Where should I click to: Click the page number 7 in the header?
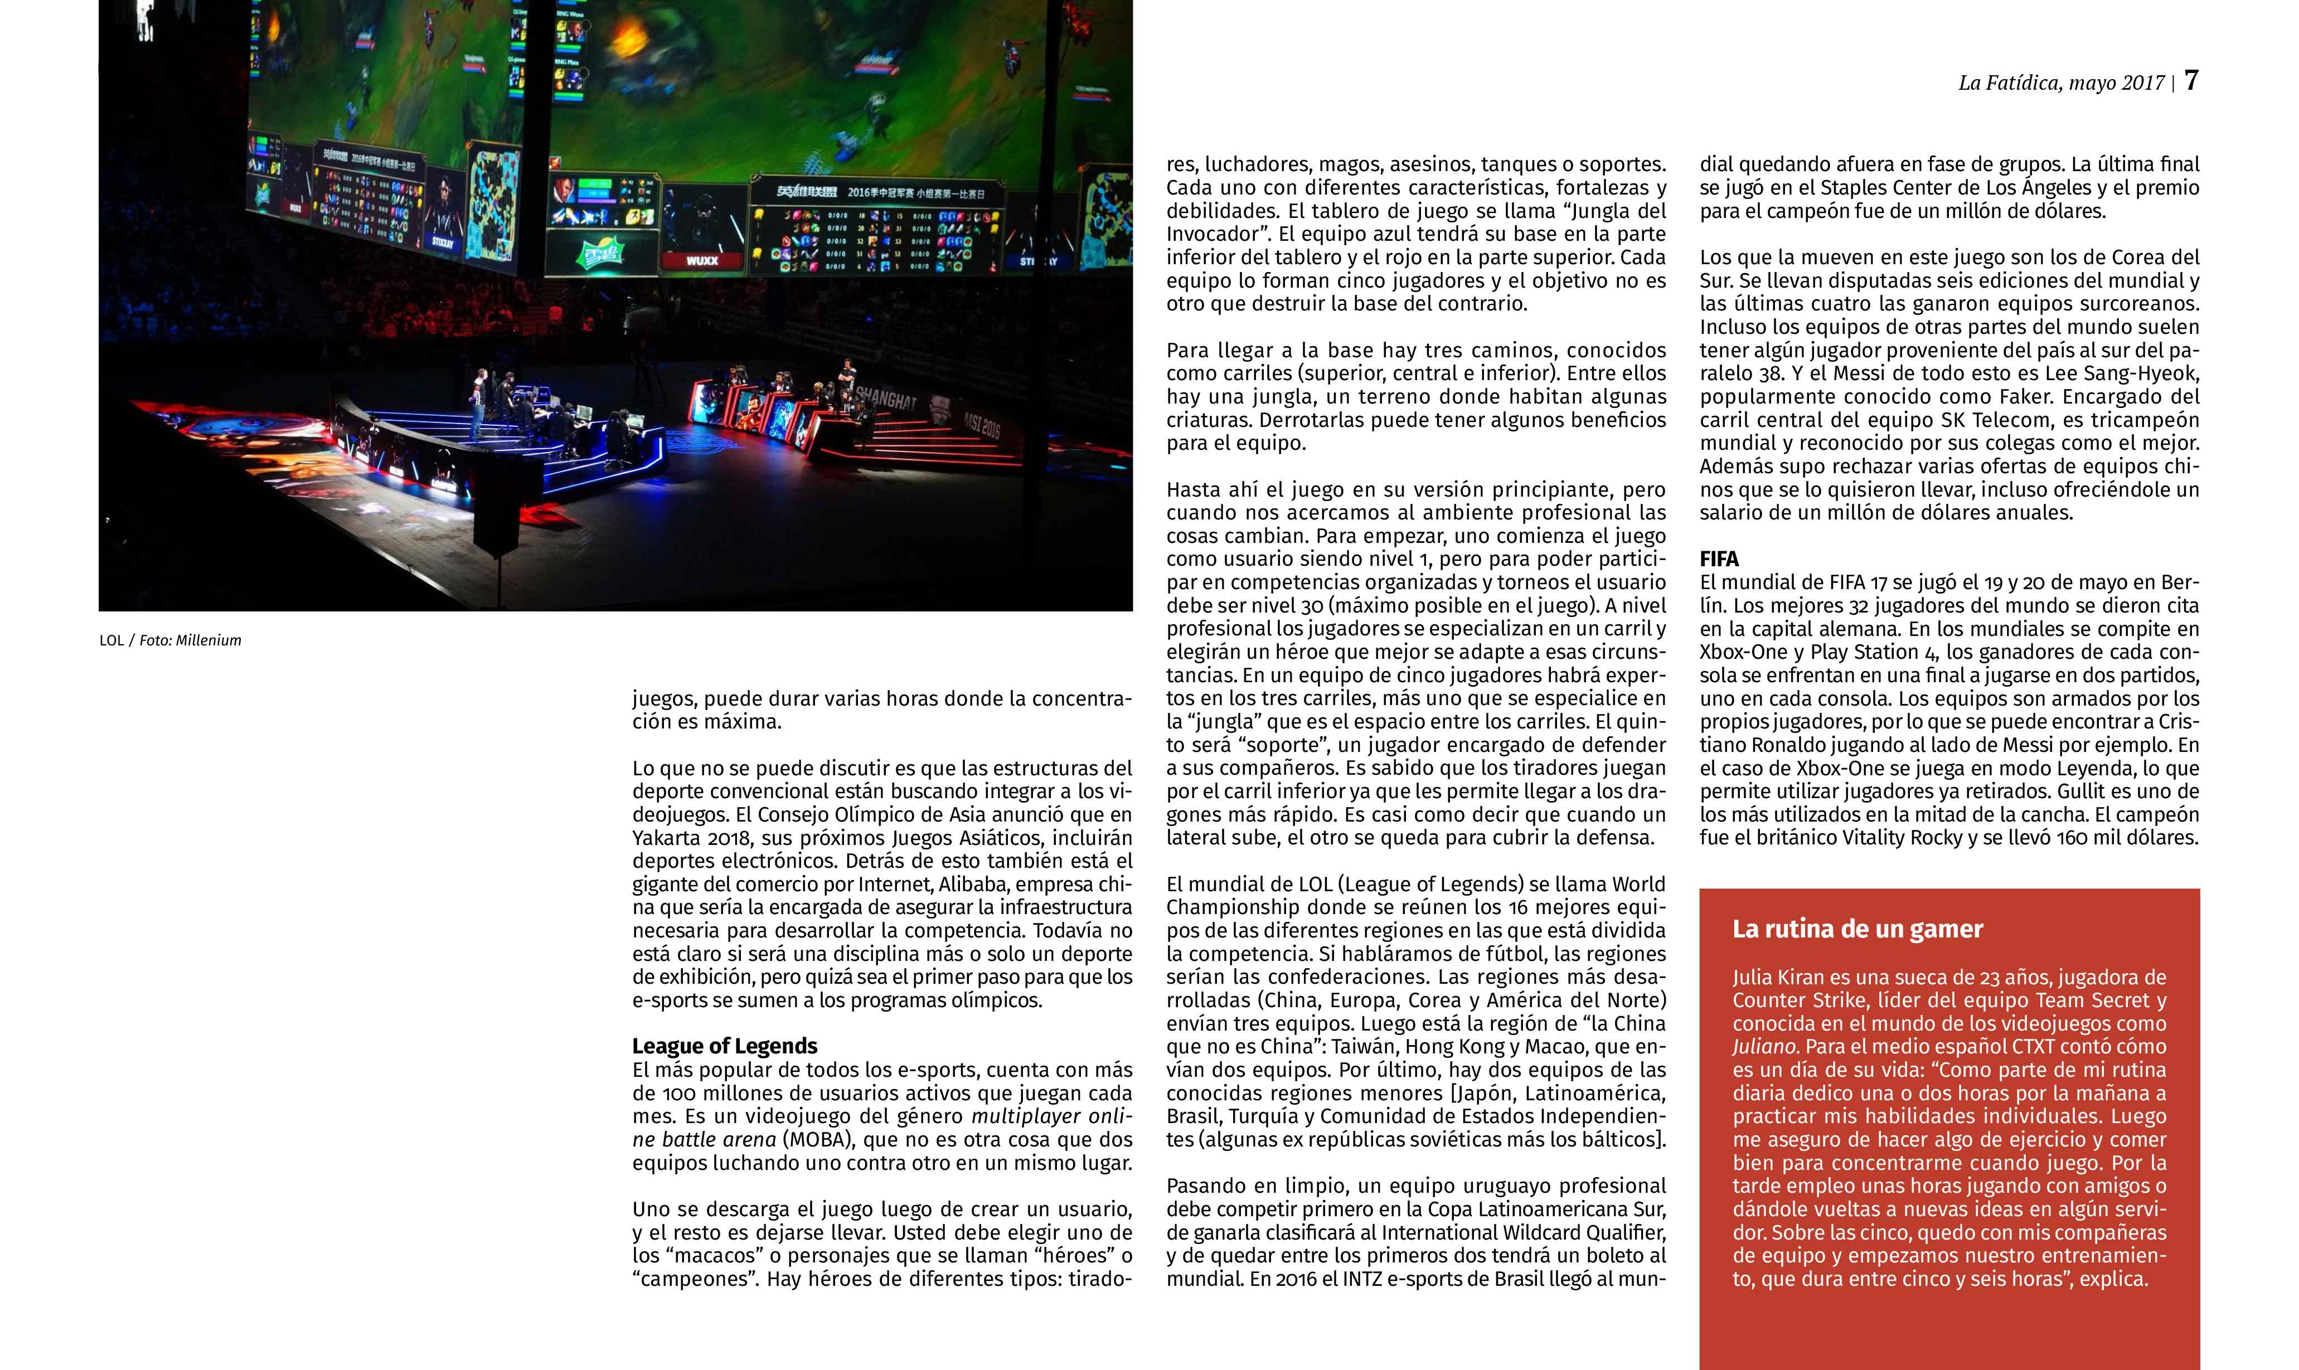(x=2191, y=81)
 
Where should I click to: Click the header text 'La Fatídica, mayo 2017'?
(x=2061, y=83)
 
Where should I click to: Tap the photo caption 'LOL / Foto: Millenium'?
(x=170, y=640)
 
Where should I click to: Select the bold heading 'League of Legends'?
(x=725, y=1046)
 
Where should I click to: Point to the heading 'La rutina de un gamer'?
(x=1857, y=929)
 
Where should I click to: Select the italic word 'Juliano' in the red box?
(x=1764, y=1047)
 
